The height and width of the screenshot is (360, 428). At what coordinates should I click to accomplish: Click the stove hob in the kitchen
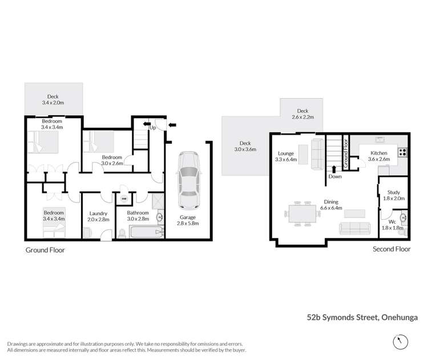click(402, 152)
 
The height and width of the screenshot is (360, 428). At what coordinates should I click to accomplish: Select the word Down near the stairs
click(334, 176)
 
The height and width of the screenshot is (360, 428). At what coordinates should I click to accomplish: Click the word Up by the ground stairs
click(152, 128)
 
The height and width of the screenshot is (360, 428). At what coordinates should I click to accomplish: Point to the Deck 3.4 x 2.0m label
click(54, 100)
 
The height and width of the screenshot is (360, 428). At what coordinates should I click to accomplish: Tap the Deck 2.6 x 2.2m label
click(302, 114)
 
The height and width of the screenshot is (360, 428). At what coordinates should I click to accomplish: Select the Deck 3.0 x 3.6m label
click(245, 146)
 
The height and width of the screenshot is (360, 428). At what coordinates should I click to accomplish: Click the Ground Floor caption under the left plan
click(45, 250)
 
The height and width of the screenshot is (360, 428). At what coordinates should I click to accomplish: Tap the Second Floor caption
click(392, 249)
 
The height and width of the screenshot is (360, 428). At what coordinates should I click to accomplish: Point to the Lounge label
click(285, 156)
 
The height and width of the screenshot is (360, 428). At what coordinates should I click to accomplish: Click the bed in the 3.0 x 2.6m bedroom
click(98, 141)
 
